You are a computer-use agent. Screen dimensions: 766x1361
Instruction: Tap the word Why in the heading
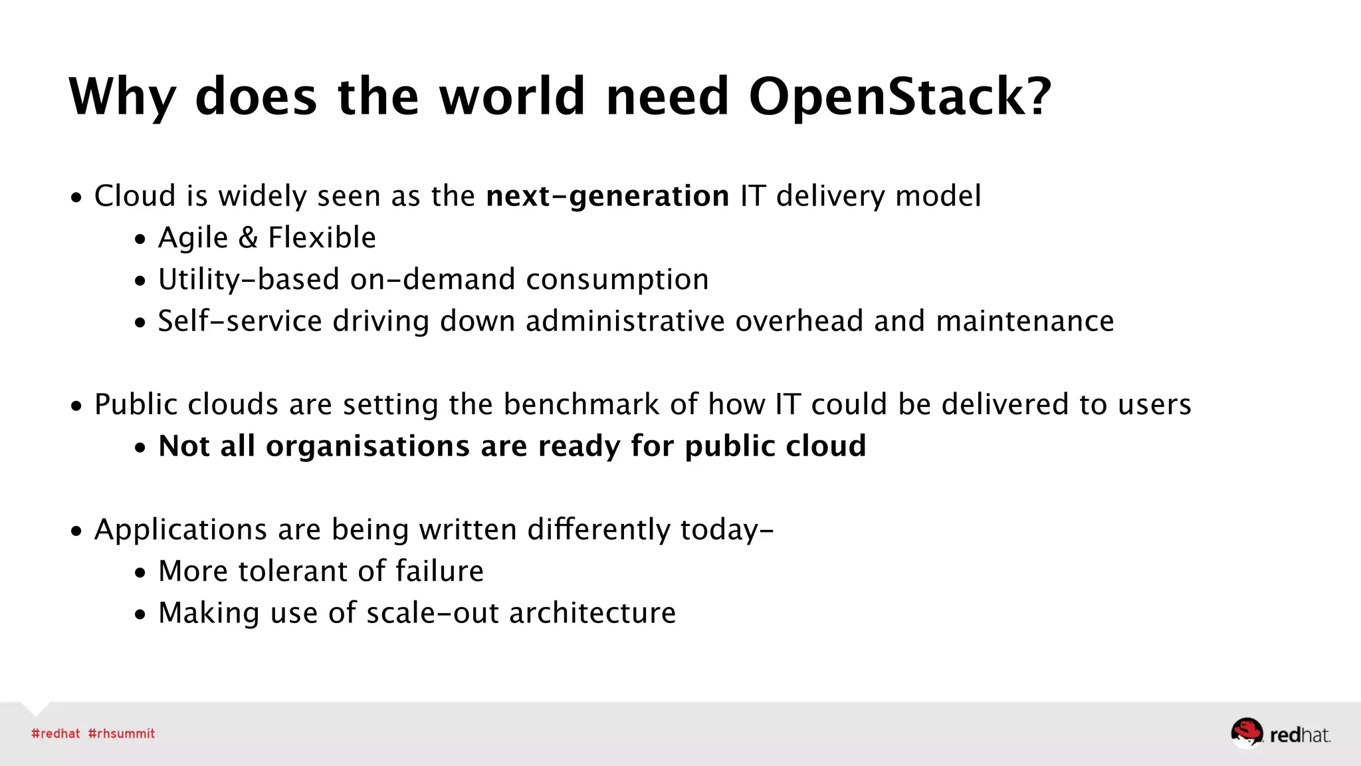tap(122, 97)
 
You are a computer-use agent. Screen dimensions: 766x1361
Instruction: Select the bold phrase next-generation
tap(607, 196)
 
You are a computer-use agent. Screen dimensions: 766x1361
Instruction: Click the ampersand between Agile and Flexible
tap(248, 238)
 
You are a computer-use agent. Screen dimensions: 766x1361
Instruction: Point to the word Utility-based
tap(249, 280)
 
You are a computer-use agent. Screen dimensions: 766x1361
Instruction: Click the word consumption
tap(617, 280)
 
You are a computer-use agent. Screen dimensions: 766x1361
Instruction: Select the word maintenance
tap(1025, 321)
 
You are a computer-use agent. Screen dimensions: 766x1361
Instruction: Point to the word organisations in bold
tap(367, 446)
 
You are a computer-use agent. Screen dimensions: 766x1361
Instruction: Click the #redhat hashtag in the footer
tap(56, 733)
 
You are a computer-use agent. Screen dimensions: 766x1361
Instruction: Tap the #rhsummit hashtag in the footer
tap(122, 733)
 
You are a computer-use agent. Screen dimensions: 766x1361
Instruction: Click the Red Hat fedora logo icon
tap(1246, 733)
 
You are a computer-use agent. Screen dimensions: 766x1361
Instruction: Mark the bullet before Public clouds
tap(77, 406)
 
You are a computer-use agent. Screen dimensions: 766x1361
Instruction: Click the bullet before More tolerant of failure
tap(140, 573)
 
